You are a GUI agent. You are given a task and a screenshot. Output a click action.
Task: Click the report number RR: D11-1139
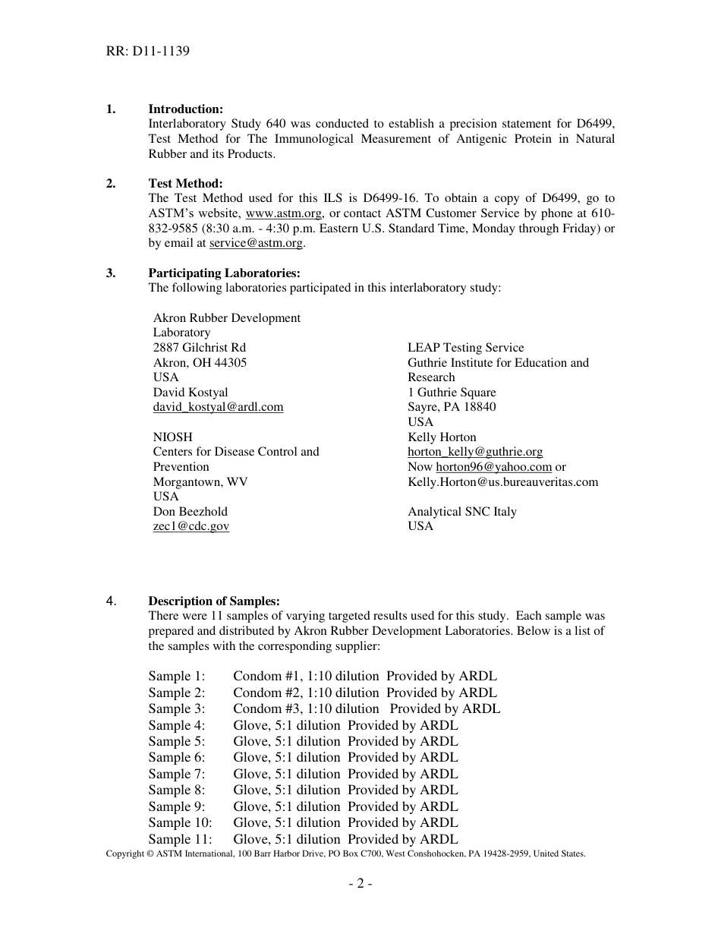[x=148, y=52]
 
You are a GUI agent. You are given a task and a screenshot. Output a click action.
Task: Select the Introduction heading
[x=185, y=109]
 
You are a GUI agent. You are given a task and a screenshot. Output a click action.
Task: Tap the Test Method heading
[x=185, y=184]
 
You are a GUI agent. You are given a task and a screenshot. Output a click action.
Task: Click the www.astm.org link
[x=284, y=213]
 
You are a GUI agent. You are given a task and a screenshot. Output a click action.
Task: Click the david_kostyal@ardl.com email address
[x=218, y=407]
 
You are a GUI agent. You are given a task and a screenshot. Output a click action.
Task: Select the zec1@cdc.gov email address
[x=190, y=526]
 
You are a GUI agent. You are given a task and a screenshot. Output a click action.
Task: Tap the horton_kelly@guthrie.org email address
[x=475, y=452]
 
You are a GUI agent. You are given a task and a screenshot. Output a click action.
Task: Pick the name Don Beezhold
[x=190, y=512]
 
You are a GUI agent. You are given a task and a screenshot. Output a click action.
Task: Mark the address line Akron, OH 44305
[x=200, y=363]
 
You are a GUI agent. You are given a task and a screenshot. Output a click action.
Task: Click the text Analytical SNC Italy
[x=461, y=512]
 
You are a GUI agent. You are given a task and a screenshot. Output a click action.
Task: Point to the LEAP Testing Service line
[x=465, y=348]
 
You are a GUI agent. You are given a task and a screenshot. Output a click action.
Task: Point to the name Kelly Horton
[x=442, y=437]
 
